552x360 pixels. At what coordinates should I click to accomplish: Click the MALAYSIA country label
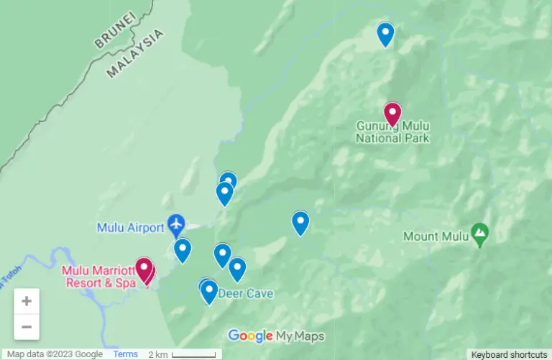(x=135, y=53)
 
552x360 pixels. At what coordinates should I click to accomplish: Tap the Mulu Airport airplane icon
(x=176, y=226)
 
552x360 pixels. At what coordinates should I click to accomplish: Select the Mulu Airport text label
(x=130, y=228)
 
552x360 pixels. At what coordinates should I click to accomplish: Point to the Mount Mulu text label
(x=436, y=236)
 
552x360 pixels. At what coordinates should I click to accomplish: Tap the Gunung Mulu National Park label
(x=392, y=132)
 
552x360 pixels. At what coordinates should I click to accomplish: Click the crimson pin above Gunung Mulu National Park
(x=392, y=114)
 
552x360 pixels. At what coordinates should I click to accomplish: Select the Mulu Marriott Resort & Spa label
(x=100, y=277)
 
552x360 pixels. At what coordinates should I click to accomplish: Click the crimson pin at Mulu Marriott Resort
(x=144, y=269)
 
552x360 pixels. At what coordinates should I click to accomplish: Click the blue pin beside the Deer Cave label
(x=209, y=291)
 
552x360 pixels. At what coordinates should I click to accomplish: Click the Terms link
(x=125, y=354)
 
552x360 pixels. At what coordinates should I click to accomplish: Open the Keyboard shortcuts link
(x=509, y=354)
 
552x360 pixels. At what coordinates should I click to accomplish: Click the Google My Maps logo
(x=276, y=336)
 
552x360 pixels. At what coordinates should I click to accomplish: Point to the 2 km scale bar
(x=193, y=354)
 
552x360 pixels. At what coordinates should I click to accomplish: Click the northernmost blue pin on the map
(x=386, y=34)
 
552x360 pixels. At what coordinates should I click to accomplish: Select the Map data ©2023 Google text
(x=55, y=354)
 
